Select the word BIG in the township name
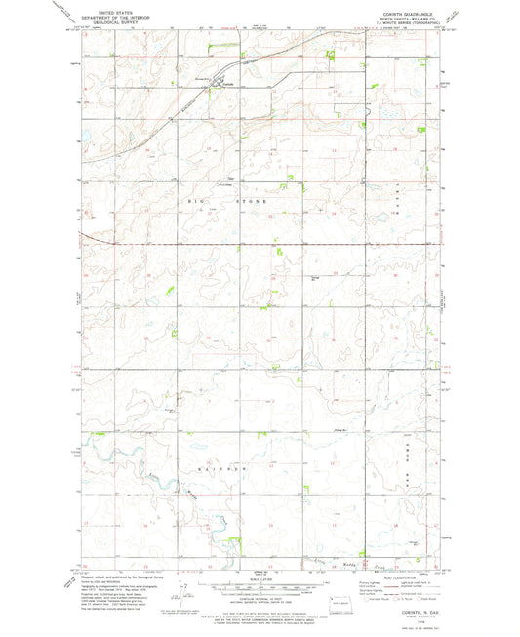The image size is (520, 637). (193, 199)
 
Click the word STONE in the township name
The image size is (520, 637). (254, 199)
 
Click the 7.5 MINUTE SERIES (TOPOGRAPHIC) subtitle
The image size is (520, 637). (401, 26)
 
